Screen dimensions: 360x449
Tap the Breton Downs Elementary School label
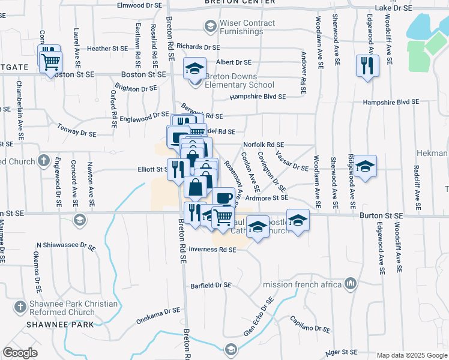coord(240,80)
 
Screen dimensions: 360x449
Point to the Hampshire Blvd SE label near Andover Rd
coord(258,96)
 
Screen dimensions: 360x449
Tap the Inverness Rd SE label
coord(212,250)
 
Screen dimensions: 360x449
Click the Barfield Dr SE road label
coord(211,286)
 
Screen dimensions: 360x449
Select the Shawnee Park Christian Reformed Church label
coord(73,308)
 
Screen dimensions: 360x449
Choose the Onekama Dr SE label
coord(158,311)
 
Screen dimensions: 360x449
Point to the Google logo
coord(20,353)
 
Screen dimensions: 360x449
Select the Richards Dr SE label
coord(199,47)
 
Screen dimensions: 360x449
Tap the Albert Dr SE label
coord(234,62)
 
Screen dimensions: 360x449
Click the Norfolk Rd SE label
coord(264,145)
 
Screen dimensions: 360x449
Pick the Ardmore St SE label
coord(267,197)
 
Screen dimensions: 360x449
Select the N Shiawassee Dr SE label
coord(66,246)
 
